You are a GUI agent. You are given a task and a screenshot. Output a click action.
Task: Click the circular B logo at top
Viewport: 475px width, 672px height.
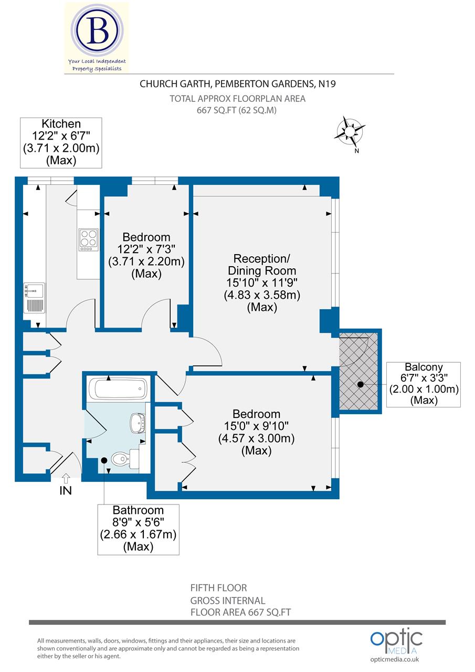(97, 32)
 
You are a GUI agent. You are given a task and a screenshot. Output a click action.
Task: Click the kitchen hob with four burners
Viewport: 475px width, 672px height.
(88, 239)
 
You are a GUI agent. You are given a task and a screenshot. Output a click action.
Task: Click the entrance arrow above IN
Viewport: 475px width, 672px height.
(66, 478)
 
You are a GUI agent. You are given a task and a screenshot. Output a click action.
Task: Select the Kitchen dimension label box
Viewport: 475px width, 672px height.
(61, 143)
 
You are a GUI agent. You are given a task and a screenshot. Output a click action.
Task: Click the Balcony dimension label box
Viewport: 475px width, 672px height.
(424, 384)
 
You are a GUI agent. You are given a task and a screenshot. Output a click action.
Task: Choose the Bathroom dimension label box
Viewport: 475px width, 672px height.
(138, 529)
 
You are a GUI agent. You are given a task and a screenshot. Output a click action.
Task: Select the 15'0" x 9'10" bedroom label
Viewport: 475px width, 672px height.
(256, 433)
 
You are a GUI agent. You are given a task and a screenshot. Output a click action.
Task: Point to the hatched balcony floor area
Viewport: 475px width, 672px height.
(360, 370)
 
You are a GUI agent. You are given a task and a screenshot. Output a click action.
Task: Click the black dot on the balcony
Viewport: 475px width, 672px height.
(361, 384)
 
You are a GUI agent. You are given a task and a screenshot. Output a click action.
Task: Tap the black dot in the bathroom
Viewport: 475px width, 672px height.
(104, 460)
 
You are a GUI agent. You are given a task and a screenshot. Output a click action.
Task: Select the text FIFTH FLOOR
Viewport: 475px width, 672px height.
(218, 588)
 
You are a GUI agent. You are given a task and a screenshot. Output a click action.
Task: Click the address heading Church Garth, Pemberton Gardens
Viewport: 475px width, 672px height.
(237, 83)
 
